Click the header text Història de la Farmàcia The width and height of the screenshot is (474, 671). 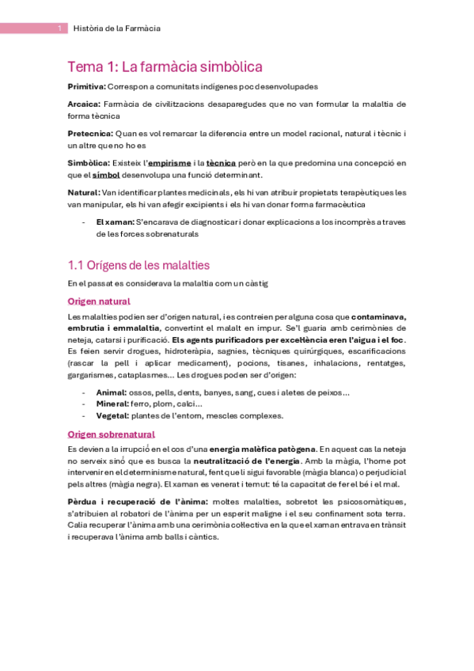[x=116, y=28]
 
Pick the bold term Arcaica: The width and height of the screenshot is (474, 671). [x=84, y=104]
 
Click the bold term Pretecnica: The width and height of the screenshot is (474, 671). [x=90, y=133]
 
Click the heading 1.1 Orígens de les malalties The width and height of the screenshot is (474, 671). [x=138, y=264]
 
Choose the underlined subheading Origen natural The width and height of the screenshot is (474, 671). [x=99, y=301]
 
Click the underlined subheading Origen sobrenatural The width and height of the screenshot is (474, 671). [x=112, y=434]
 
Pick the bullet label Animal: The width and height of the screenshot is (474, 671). [x=112, y=392]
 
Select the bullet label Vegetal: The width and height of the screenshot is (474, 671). [x=112, y=415]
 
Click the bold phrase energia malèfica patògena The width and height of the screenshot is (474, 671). [x=262, y=449]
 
